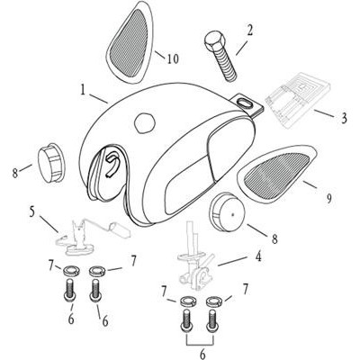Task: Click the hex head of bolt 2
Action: click(214, 42)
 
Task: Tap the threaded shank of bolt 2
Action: click(227, 64)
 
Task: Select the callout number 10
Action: click(173, 58)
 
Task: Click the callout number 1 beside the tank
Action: click(84, 90)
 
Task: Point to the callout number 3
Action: click(344, 118)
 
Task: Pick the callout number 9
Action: click(329, 198)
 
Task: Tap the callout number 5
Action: click(32, 211)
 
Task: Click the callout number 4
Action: click(257, 256)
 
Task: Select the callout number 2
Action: click(249, 31)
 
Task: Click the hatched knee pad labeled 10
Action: click(130, 42)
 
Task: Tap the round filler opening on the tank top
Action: click(145, 123)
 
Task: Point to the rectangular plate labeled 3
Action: click(299, 99)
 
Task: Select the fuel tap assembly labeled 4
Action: click(194, 257)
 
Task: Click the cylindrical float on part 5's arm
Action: click(119, 229)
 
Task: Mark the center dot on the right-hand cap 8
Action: click(233, 214)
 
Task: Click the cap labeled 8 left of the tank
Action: click(50, 162)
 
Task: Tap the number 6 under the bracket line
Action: click(202, 355)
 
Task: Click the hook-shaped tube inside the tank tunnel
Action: click(111, 164)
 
